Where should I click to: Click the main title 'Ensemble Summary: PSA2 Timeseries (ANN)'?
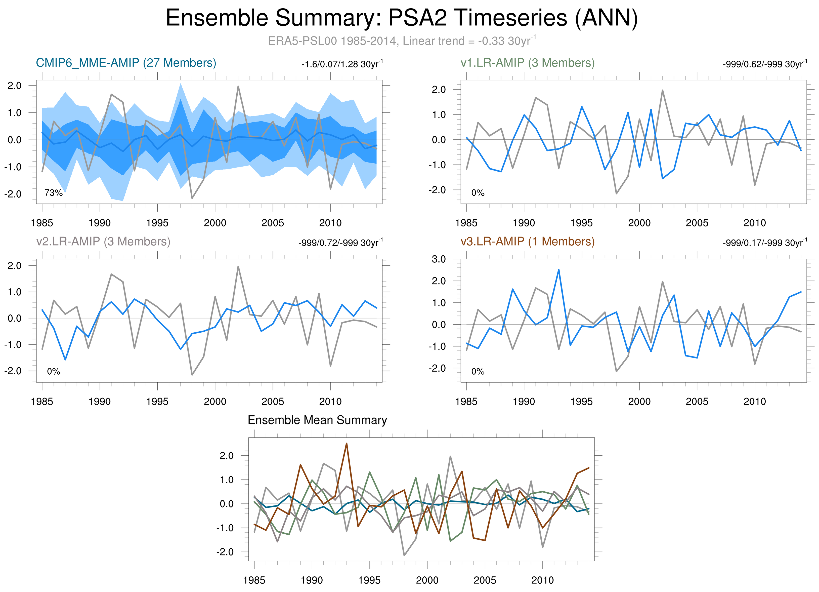click(402, 18)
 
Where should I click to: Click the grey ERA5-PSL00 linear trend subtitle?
click(402, 41)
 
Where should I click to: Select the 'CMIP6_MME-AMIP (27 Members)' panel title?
click(126, 63)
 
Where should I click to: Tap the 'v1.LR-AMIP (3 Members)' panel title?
click(528, 63)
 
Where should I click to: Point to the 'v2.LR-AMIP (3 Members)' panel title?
click(103, 241)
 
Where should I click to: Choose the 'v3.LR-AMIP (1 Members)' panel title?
click(528, 241)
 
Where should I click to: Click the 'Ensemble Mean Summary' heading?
click(317, 420)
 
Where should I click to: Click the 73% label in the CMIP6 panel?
click(54, 193)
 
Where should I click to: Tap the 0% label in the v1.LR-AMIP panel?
click(478, 193)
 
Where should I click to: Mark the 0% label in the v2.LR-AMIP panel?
click(54, 371)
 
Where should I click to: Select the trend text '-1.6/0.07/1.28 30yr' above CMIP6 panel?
click(342, 64)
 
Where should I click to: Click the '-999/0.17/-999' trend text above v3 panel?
click(764, 243)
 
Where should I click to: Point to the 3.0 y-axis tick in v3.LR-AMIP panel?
click(439, 259)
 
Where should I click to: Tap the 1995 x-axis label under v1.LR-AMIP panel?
click(581, 223)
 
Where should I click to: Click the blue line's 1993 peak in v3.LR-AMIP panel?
click(559, 269)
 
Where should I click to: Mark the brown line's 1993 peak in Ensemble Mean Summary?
click(347, 443)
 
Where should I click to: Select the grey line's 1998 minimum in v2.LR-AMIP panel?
click(192, 375)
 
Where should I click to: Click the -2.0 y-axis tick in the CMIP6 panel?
click(13, 194)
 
